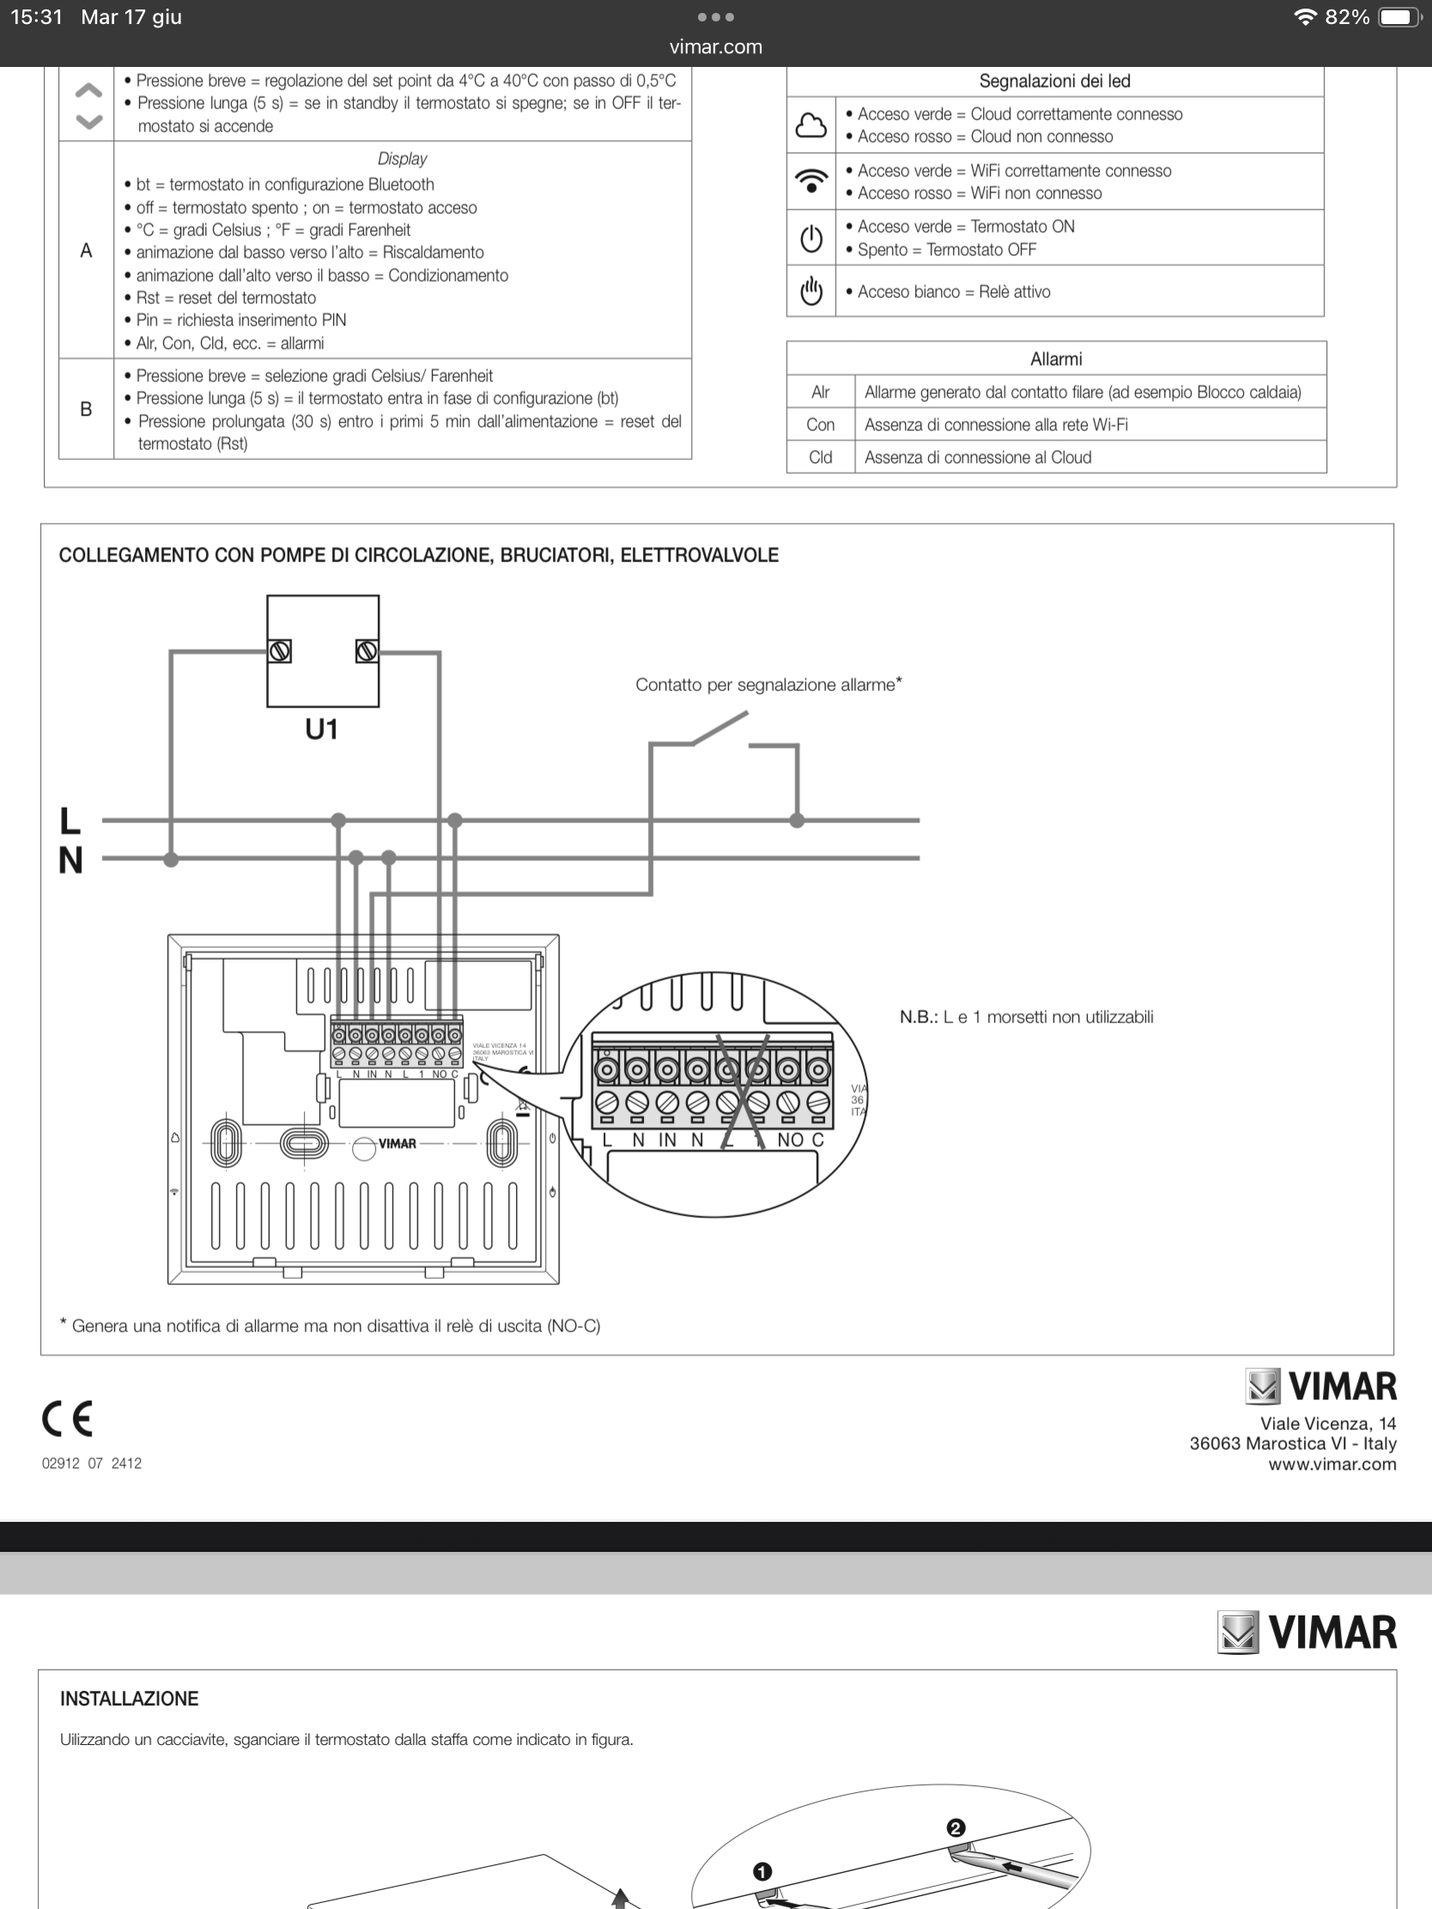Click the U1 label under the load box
(x=321, y=730)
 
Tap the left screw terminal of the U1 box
(x=279, y=651)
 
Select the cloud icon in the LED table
(x=810, y=125)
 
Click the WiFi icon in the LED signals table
(x=810, y=181)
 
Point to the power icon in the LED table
(x=810, y=238)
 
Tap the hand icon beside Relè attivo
(x=810, y=291)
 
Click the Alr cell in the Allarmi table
(x=820, y=392)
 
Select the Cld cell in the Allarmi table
(x=820, y=458)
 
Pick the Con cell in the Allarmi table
(x=820, y=425)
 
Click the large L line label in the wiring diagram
(x=70, y=821)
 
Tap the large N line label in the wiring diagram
(x=70, y=860)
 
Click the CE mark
(x=66, y=1419)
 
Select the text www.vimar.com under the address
(x=1331, y=1464)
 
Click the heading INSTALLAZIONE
(x=130, y=1699)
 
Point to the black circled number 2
(x=956, y=1827)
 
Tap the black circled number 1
(x=762, y=1871)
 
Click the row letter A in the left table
(x=86, y=252)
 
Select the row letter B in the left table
(x=86, y=409)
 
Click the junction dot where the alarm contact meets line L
(x=797, y=821)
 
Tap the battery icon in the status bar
(x=1399, y=17)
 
